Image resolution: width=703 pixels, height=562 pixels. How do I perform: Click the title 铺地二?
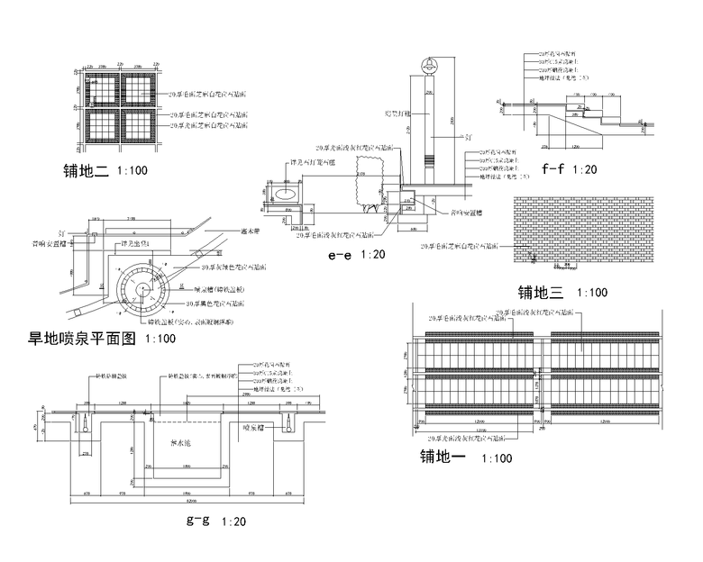[x=86, y=170]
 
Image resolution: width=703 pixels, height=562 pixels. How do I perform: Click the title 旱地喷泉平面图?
[x=82, y=340]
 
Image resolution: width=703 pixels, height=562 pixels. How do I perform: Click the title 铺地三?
[x=540, y=293]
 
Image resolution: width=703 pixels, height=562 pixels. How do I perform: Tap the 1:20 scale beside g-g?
[x=233, y=521]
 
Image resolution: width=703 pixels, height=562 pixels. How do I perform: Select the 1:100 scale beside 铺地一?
[x=497, y=459]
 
